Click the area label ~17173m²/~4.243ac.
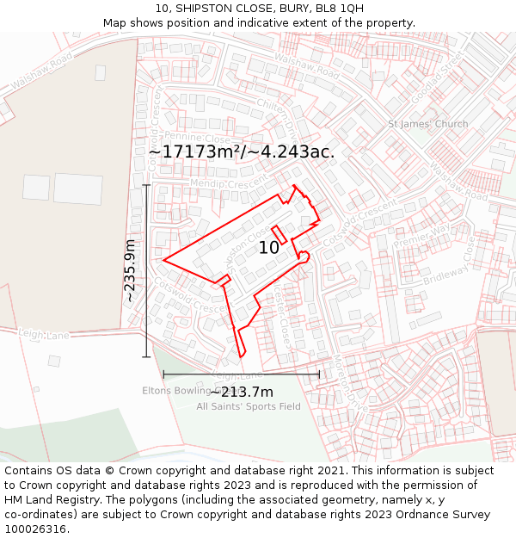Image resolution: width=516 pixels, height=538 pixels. (242, 152)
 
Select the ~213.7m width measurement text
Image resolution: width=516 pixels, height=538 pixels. (242, 393)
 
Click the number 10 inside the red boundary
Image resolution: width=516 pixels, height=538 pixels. (269, 248)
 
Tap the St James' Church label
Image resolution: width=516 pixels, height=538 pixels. (428, 124)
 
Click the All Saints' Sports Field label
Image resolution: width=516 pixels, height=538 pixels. (249, 406)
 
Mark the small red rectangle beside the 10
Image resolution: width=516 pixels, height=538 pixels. (279, 234)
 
